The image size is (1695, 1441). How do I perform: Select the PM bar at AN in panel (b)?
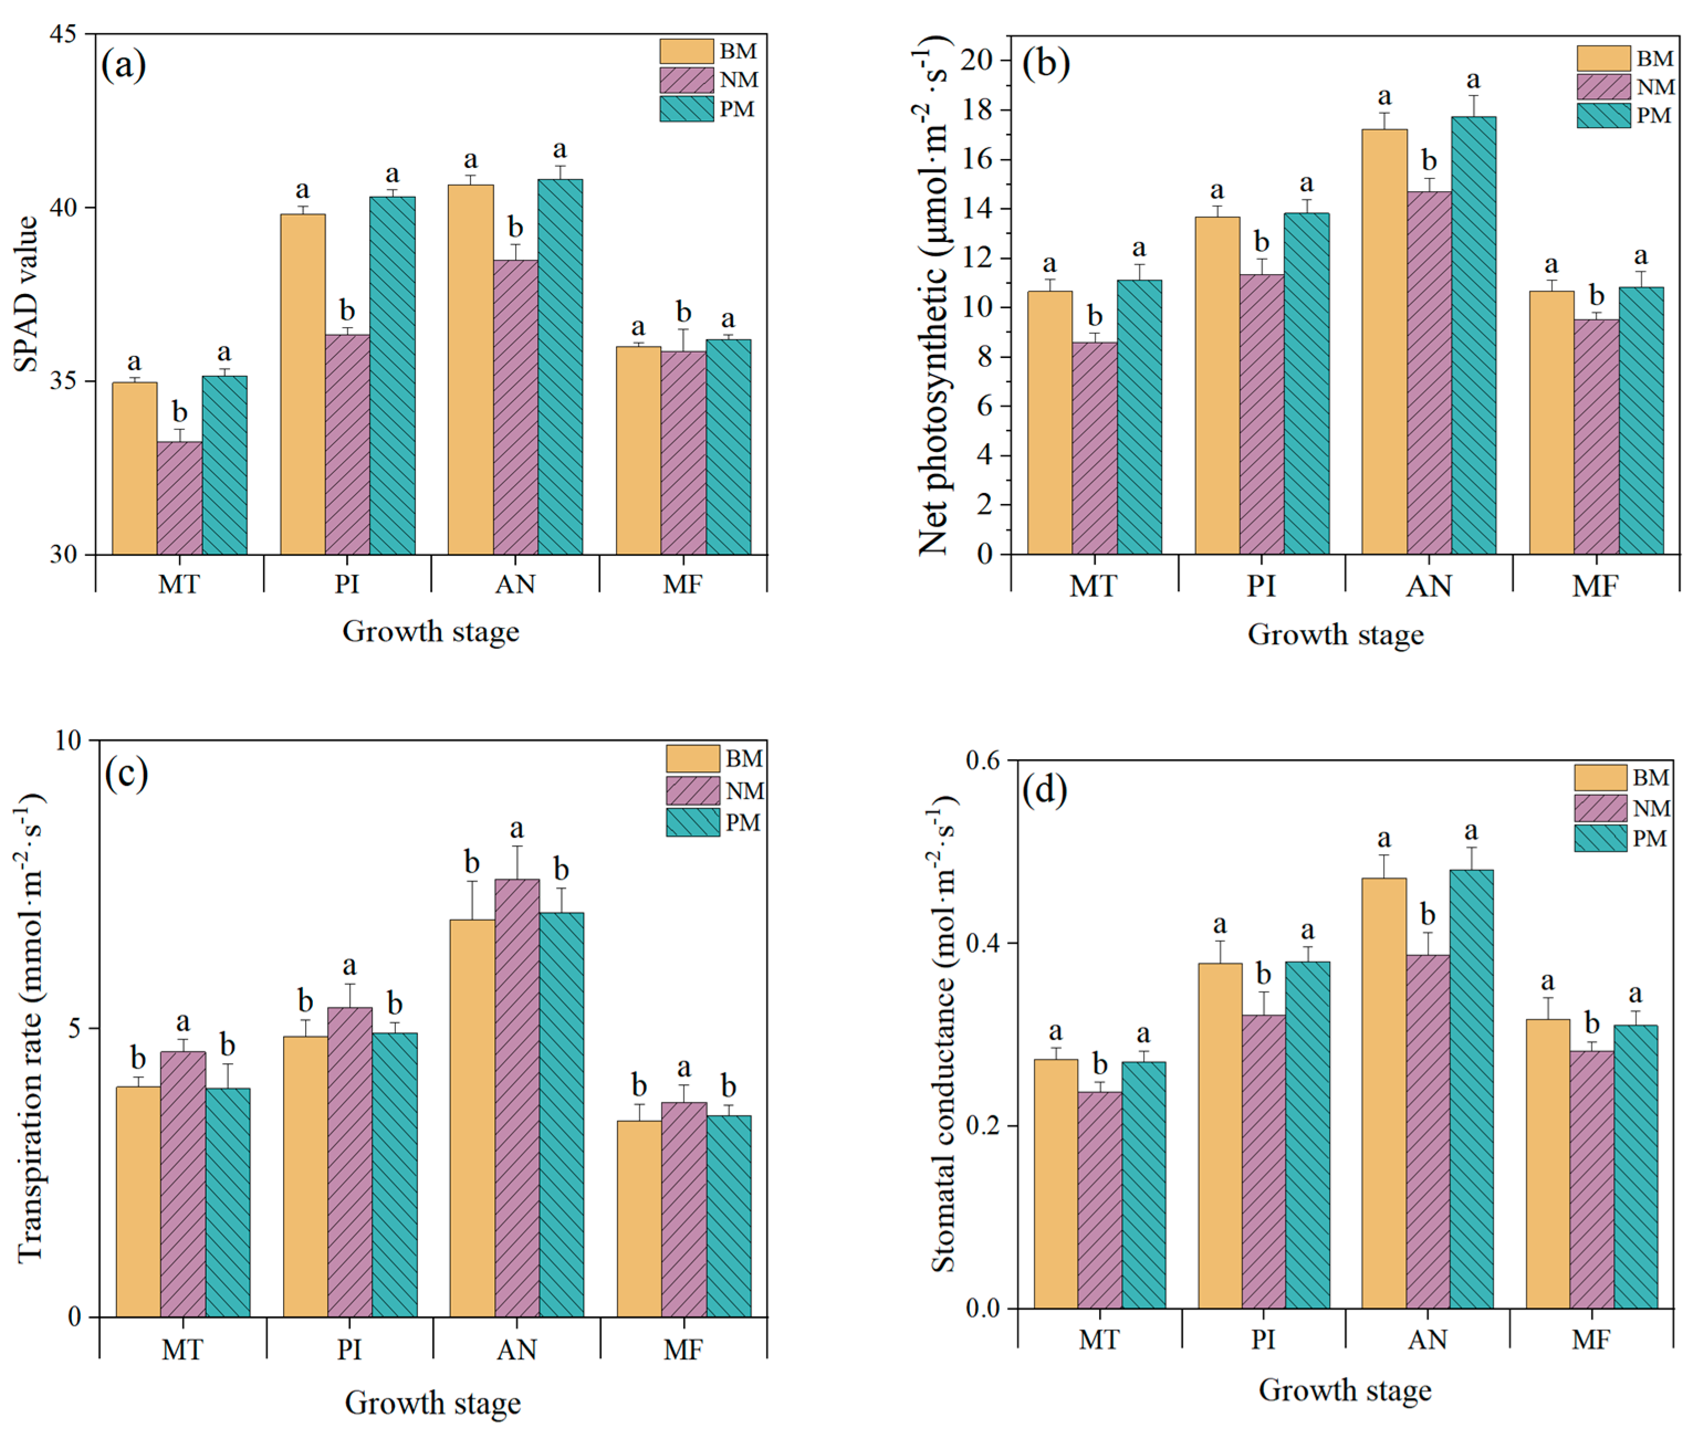pos(1473,336)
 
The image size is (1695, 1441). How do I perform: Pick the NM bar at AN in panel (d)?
pos(1428,1132)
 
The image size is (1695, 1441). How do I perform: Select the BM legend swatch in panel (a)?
pos(687,51)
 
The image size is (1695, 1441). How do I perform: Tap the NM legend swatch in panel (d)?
pos(1600,808)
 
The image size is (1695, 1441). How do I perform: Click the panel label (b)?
pos(1045,63)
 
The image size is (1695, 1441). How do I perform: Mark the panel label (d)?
pos(1044,791)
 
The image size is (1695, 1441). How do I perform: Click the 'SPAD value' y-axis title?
pos(27,294)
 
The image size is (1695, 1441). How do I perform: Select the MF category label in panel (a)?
pos(682,584)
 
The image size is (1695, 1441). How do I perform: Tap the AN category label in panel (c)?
pos(516,1349)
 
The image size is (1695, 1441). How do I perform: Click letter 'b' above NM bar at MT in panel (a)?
pos(180,413)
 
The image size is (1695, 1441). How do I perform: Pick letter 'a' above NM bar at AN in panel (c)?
pos(516,829)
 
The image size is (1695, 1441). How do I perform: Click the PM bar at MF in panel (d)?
pos(1635,1166)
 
